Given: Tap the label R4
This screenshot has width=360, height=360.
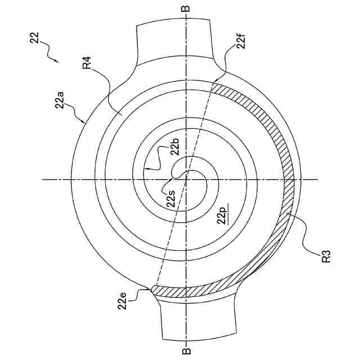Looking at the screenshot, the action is pos(87,62).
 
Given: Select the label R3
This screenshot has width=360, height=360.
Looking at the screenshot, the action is pos(326,256).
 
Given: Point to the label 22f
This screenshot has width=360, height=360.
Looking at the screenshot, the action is pos(241,40).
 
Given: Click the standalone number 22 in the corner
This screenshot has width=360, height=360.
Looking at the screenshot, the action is pos(34,38).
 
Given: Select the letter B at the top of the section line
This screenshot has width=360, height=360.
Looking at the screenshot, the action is pos(187,8).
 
